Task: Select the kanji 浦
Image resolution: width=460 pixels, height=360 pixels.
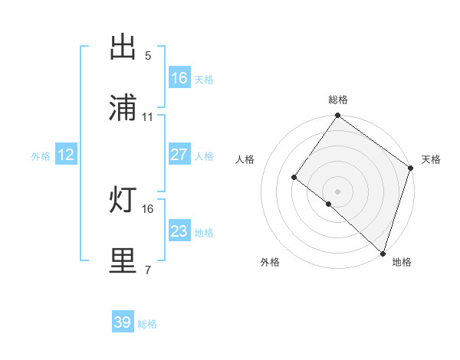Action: [123, 109]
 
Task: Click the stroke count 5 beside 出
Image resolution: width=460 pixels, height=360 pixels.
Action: [148, 55]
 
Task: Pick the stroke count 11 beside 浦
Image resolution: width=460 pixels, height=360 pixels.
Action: [148, 117]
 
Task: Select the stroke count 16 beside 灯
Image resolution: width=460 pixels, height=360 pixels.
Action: [148, 208]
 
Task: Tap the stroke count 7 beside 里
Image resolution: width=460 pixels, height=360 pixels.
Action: [148, 270]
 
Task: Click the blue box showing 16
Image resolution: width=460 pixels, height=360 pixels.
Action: [179, 78]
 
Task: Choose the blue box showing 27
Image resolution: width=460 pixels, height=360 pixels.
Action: [179, 155]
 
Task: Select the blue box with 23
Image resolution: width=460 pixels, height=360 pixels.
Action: [179, 231]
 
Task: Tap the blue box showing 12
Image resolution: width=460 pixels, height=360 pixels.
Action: [66, 155]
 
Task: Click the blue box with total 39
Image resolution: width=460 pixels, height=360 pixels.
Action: [123, 322]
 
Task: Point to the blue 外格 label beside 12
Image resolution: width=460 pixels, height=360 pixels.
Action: [41, 155]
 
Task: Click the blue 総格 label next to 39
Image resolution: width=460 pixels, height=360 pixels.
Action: [147, 324]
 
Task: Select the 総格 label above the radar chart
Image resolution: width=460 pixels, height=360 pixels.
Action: [338, 100]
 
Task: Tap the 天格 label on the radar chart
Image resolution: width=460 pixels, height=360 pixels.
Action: [431, 159]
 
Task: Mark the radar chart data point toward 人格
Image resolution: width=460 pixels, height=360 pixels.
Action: [294, 178]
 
